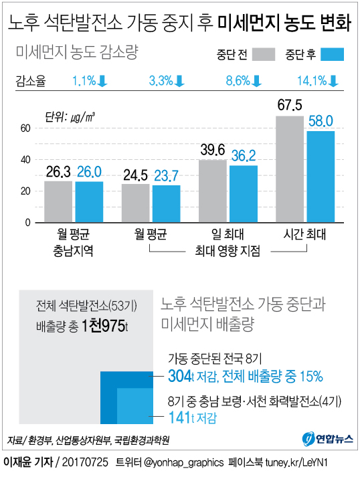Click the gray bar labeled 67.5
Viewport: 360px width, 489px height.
[x=290, y=169]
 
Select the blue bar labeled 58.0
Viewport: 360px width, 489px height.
[x=321, y=177]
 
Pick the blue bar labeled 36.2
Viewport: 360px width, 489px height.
[x=244, y=194]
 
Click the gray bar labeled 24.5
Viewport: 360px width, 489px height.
[x=136, y=203]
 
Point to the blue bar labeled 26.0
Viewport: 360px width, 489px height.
[x=89, y=202]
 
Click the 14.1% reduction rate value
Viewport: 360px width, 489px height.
[x=311, y=81]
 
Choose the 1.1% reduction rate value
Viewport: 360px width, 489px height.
[x=84, y=81]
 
